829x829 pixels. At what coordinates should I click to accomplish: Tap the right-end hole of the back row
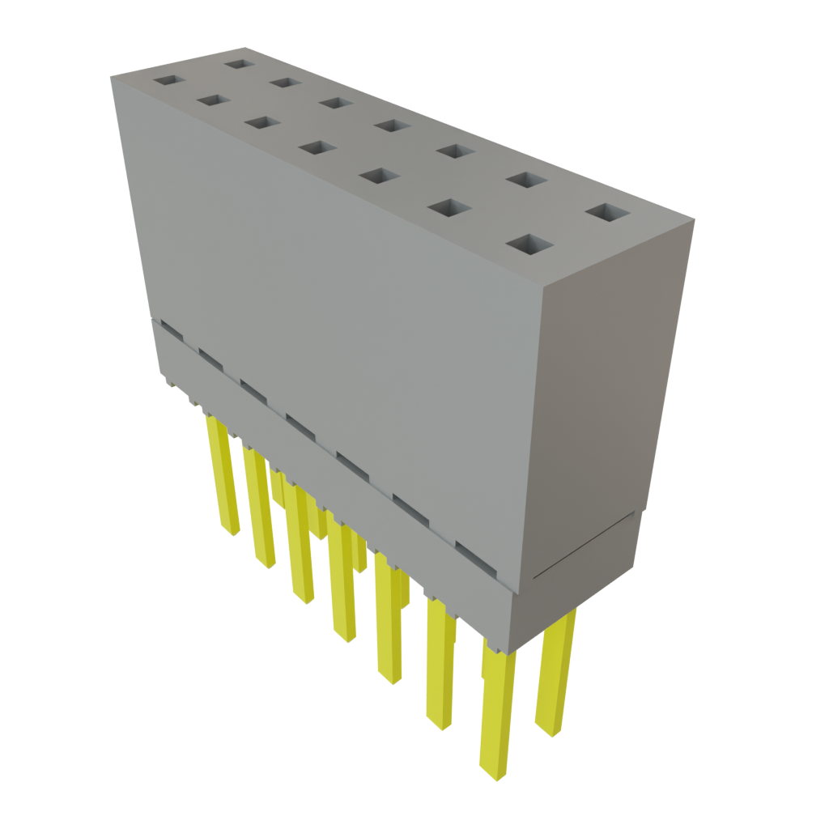(607, 213)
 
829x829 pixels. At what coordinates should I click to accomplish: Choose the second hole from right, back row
(527, 179)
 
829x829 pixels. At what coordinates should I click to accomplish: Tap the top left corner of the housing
(111, 74)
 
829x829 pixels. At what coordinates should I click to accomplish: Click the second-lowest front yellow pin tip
(440, 721)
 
